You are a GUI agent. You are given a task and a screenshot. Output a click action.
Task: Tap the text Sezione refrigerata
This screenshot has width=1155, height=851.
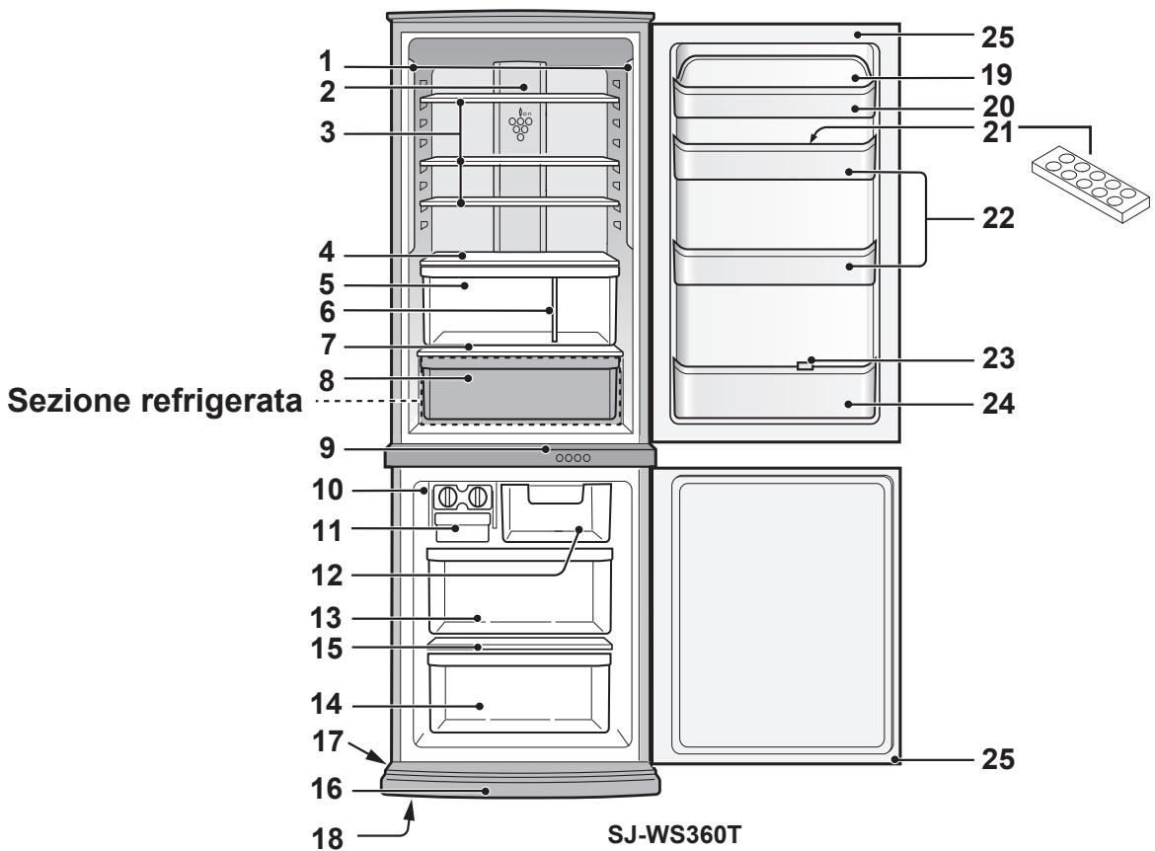click(x=151, y=405)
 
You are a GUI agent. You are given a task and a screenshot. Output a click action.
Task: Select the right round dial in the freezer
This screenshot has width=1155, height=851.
click(x=480, y=496)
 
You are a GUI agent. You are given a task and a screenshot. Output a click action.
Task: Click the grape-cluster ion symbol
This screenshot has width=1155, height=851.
click(x=520, y=123)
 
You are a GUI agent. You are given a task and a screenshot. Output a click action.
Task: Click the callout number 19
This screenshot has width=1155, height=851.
click(x=996, y=74)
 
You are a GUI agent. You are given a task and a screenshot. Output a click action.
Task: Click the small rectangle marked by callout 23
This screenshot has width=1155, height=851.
click(x=805, y=366)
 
